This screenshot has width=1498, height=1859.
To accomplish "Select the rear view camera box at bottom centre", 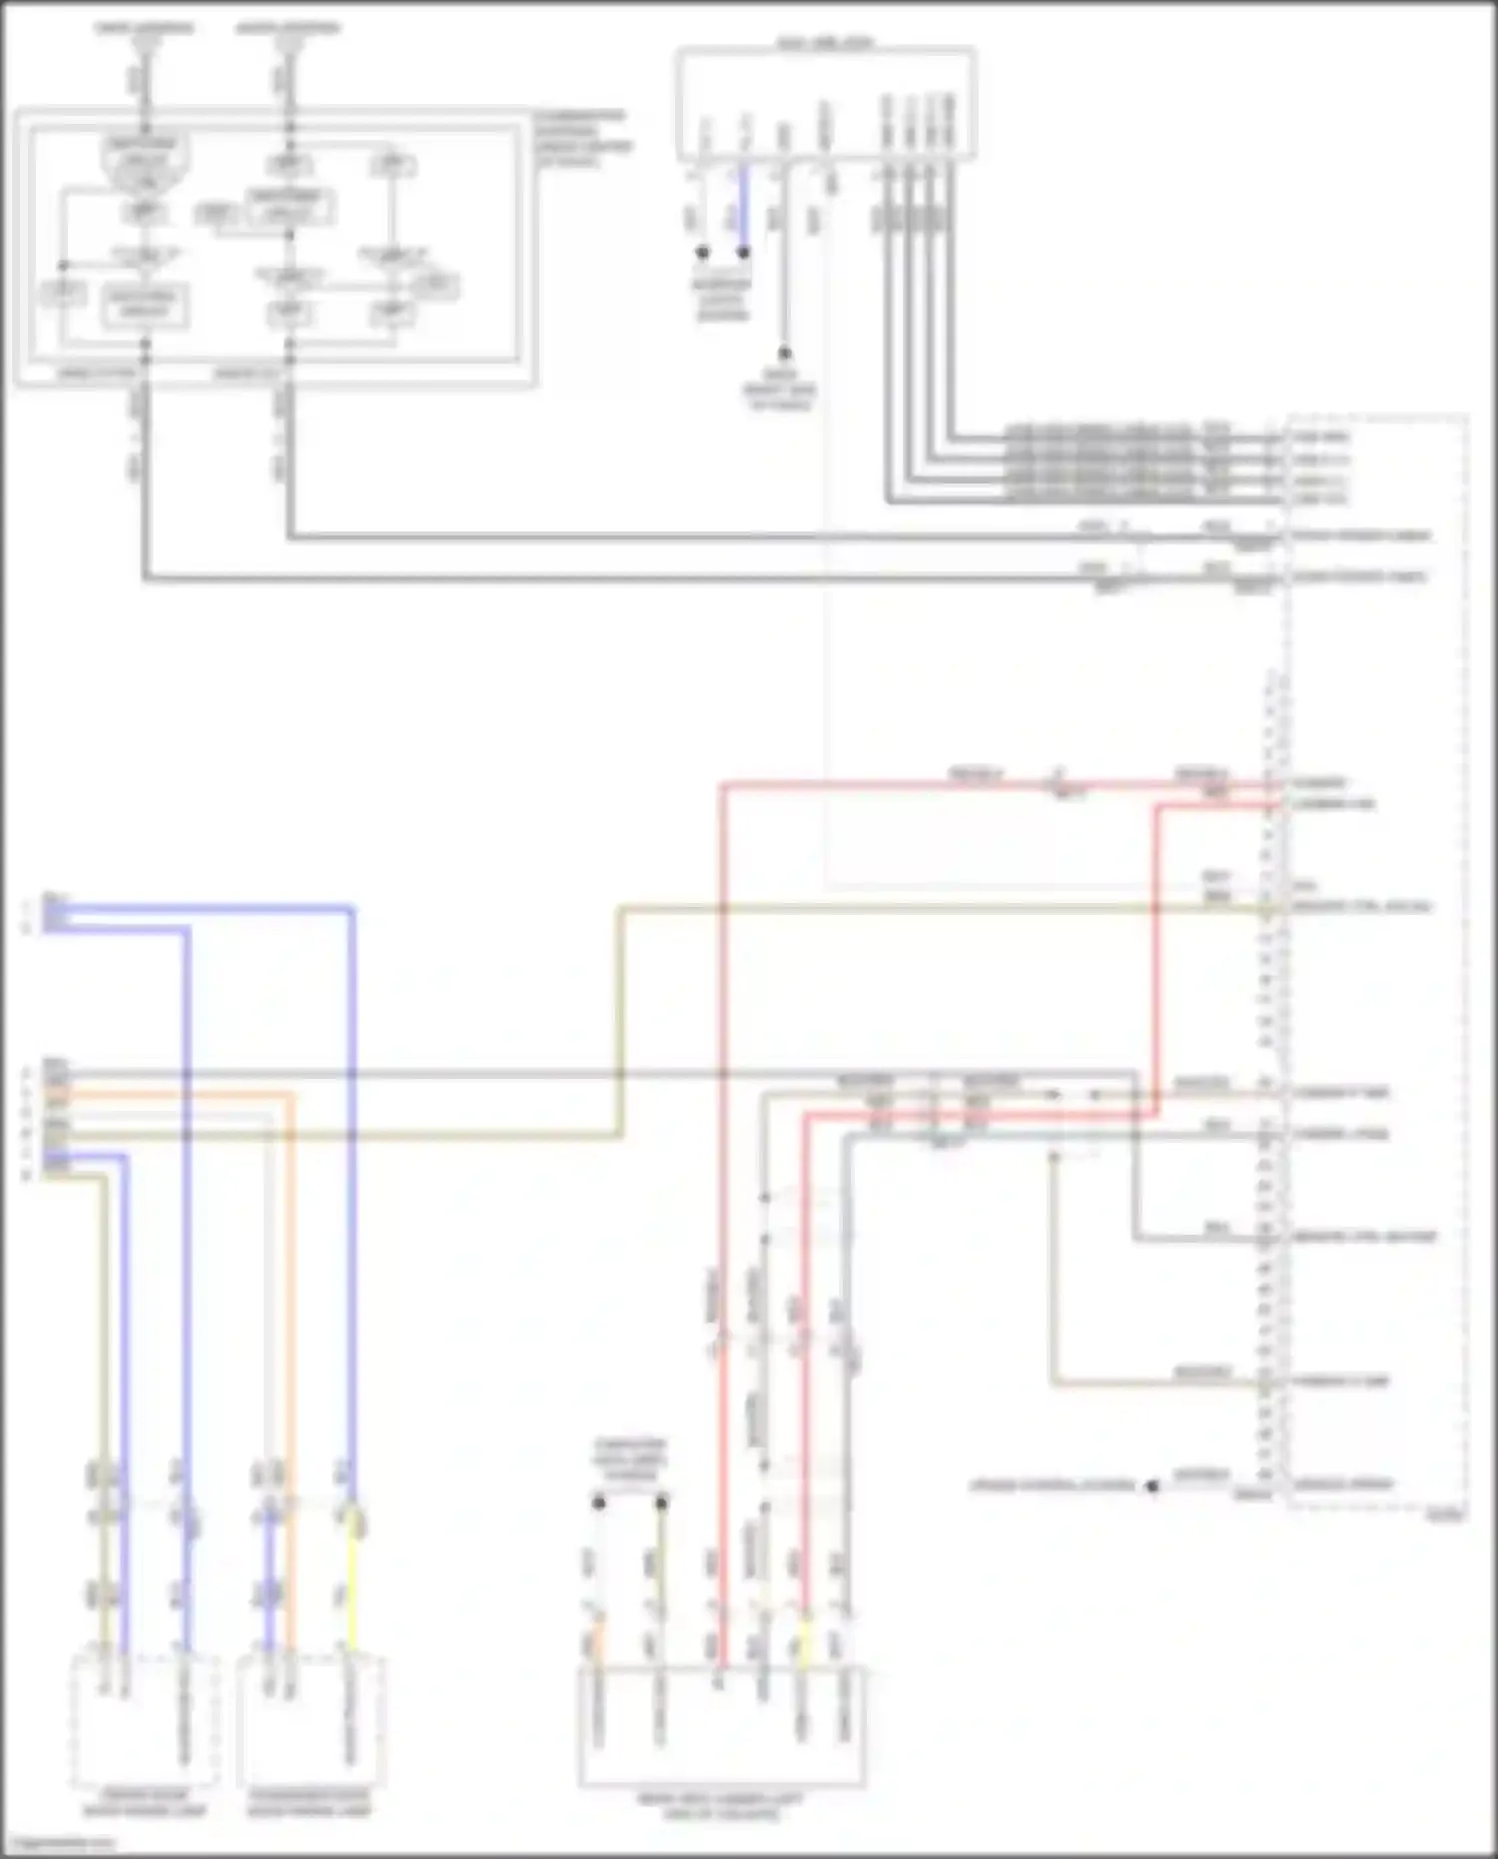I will [721, 1728].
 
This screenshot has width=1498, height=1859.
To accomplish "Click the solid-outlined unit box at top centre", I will [825, 103].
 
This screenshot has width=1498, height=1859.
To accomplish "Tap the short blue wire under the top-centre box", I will [743, 205].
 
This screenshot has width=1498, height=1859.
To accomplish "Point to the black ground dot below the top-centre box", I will [784, 353].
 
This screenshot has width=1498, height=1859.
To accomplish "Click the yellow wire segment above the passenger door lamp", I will [352, 1598].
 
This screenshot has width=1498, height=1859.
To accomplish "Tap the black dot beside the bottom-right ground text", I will [1152, 1485].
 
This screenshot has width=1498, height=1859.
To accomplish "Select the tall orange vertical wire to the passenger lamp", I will [292, 1299].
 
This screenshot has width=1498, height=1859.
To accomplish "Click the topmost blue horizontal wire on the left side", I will [200, 908].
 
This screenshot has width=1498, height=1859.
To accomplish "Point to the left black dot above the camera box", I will [599, 1501].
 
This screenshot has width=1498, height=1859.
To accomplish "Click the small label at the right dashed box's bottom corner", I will [1445, 1514].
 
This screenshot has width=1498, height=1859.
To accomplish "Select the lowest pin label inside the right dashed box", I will [1342, 1484].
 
